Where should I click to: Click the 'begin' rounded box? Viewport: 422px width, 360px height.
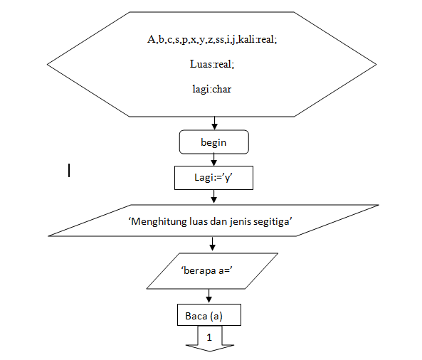point(213,142)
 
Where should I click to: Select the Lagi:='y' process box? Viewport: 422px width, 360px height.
point(213,178)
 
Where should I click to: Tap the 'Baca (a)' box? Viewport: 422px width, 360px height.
point(209,314)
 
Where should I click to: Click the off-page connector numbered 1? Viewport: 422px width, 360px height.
point(209,338)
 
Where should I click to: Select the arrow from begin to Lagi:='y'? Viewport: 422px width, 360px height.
point(213,160)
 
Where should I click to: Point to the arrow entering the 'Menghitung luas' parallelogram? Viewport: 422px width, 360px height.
point(213,198)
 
